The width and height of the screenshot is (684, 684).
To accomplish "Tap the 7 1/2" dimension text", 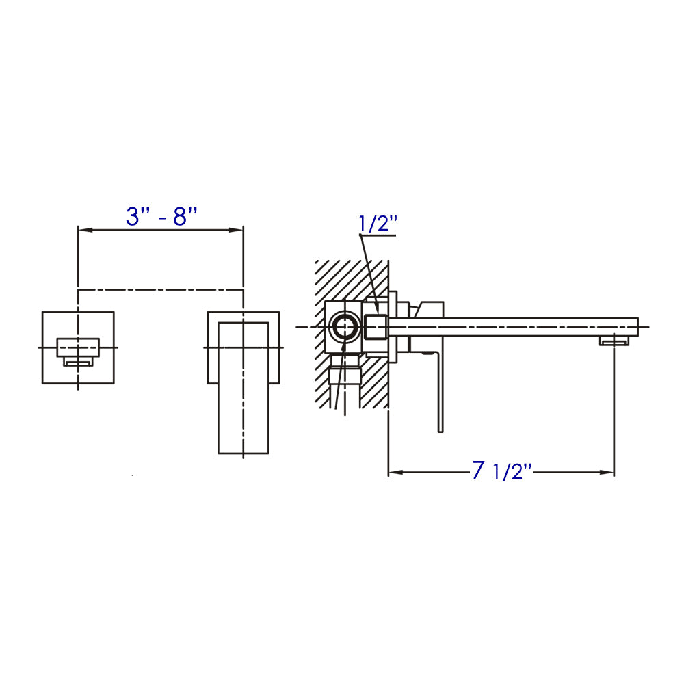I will pyautogui.click(x=501, y=471).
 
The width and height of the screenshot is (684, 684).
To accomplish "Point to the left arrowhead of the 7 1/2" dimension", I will pyautogui.click(x=395, y=472).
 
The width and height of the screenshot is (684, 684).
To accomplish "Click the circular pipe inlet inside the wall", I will pyautogui.click(x=343, y=327).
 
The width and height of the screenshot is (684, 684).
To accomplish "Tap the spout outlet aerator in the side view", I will pyautogui.click(x=614, y=341).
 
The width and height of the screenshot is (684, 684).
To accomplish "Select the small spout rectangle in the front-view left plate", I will pyautogui.click(x=77, y=347).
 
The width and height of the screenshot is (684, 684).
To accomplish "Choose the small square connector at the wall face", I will pyautogui.click(x=376, y=327).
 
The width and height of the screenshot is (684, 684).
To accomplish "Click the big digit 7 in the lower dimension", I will pyautogui.click(x=478, y=470).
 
